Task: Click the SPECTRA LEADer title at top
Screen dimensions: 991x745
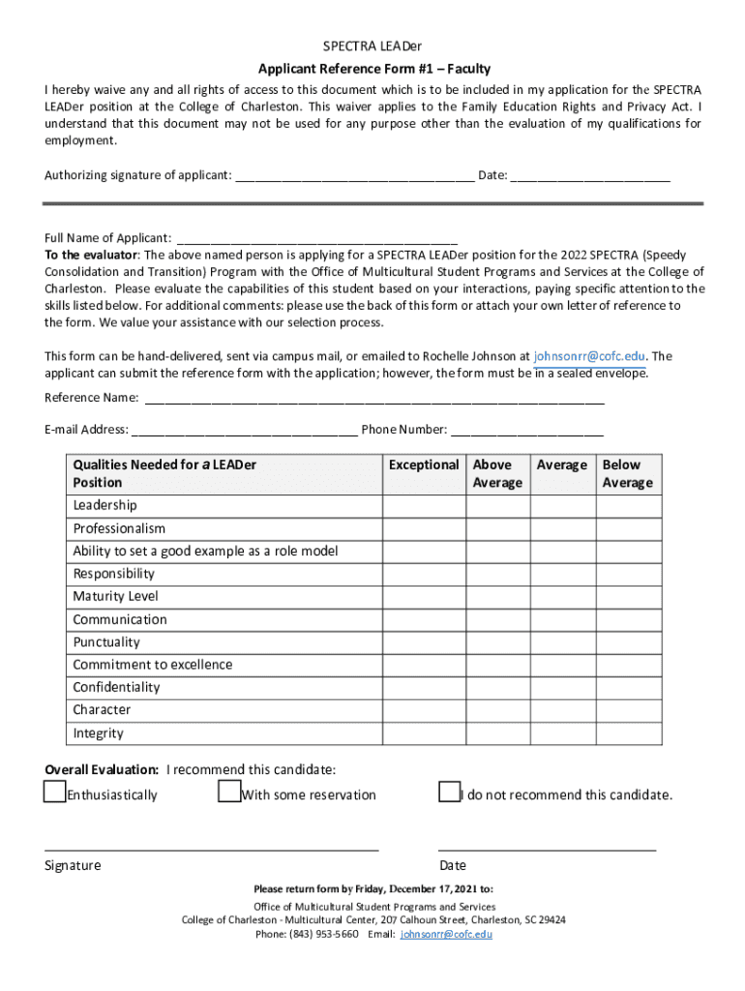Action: click(372, 46)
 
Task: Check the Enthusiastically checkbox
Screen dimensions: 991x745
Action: click(54, 793)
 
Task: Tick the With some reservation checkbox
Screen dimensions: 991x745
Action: click(228, 793)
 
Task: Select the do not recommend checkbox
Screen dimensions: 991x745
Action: click(448, 793)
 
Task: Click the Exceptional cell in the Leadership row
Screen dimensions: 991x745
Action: click(424, 506)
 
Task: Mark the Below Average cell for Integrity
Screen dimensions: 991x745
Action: click(629, 734)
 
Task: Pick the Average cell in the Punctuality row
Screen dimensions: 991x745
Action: click(562, 643)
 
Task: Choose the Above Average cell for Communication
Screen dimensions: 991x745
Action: click(497, 619)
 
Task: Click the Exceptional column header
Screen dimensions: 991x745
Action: click(424, 465)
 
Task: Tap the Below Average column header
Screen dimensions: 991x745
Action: click(629, 473)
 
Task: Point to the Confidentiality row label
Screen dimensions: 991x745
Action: click(117, 688)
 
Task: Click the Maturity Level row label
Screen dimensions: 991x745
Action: click(115, 597)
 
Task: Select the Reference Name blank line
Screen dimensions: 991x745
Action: click(373, 399)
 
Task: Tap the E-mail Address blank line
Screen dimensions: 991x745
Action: click(244, 431)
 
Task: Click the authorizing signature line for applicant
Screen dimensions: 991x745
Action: click(354, 176)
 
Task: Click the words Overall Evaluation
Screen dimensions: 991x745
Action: click(102, 770)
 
